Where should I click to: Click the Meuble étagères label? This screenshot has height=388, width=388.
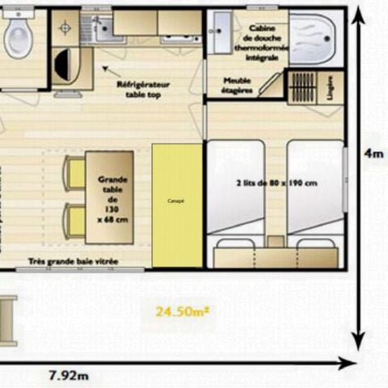click(238, 86)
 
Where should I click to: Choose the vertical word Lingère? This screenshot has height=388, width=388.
click(331, 88)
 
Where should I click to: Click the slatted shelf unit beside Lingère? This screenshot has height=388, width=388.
click(304, 88)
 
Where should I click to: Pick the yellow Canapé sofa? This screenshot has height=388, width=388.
click(177, 205)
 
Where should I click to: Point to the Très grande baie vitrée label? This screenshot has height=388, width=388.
click(74, 261)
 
